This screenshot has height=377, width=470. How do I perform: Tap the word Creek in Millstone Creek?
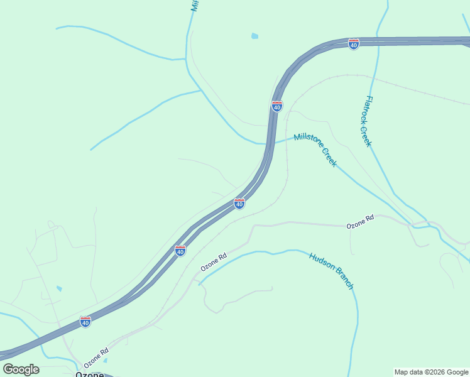(329, 157)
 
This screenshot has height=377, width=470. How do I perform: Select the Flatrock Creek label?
(366, 121)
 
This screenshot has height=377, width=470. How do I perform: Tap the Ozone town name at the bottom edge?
(89, 373)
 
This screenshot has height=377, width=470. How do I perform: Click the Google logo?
(21, 369)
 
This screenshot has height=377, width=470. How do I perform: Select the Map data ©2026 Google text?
(431, 372)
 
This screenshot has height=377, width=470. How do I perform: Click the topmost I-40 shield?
(354, 44)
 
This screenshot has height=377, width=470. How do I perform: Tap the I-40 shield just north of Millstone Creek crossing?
(277, 106)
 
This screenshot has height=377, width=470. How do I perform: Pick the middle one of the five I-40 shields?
(239, 203)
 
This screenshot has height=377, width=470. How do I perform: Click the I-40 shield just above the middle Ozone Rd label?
(180, 251)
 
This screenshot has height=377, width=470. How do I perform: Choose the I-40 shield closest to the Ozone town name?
(85, 322)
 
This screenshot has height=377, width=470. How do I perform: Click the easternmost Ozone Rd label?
(360, 221)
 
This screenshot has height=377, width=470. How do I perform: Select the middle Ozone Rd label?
(214, 262)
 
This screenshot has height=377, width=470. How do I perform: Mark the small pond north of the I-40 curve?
(254, 36)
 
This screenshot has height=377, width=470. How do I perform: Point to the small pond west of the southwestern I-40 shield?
(59, 288)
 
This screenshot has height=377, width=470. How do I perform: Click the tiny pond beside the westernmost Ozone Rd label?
(104, 360)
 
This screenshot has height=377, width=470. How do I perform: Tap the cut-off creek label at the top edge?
(195, 6)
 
